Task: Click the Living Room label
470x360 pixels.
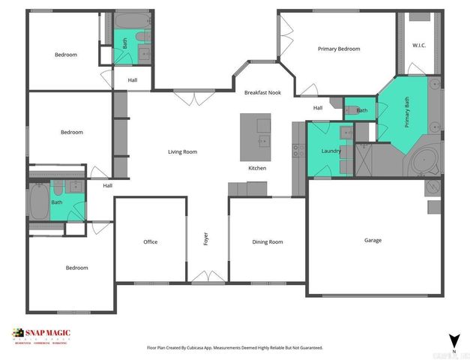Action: coord(182,151)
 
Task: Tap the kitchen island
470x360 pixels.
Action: coord(256,137)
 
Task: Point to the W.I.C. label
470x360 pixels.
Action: coord(419,46)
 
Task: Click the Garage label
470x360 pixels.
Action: coord(373,240)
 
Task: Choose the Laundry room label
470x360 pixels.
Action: coord(331,151)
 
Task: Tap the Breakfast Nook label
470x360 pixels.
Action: coord(262,92)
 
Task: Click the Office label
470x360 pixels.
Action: coord(150,241)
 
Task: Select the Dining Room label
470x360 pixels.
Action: coord(268,241)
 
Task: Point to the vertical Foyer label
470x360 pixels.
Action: coord(206,239)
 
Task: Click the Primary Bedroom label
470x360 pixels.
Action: coord(338,49)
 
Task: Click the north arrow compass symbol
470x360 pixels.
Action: coord(452,341)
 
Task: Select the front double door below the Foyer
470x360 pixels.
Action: coord(205,279)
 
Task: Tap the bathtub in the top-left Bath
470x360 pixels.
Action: coord(124,21)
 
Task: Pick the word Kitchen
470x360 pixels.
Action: coord(257,168)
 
